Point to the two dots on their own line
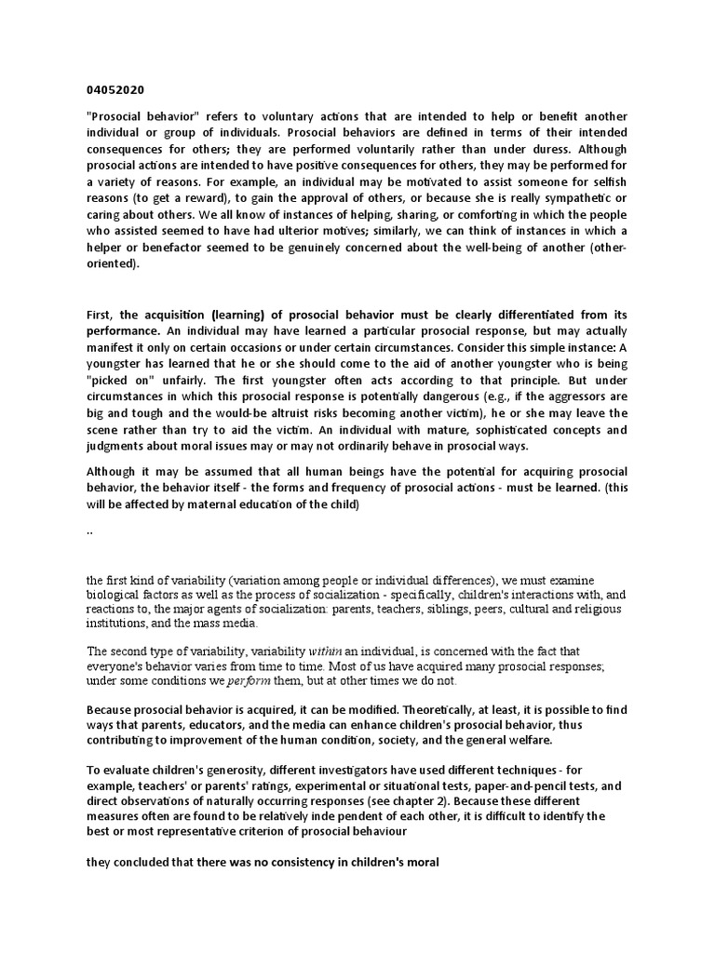coord(89,531)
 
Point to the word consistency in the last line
coord(281,863)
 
